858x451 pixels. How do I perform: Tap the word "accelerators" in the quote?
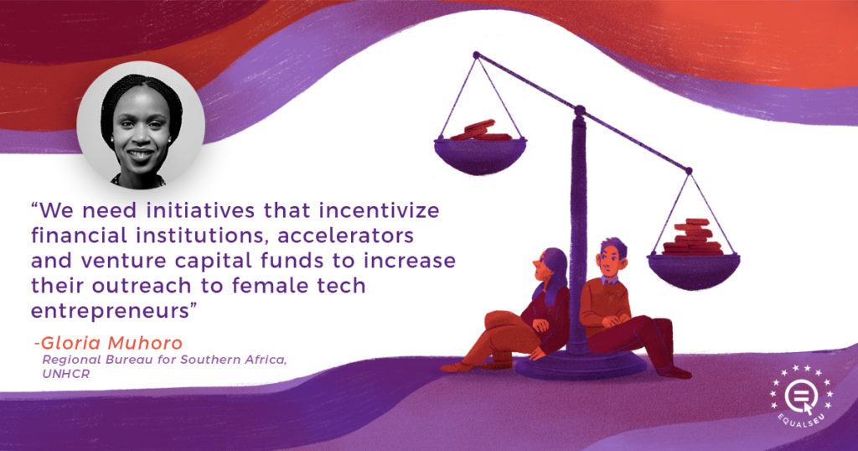click(x=345, y=236)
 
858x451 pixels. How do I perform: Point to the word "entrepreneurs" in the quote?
click(x=110, y=312)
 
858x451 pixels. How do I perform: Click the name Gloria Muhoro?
click(x=111, y=343)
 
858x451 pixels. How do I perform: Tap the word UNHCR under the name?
click(x=65, y=375)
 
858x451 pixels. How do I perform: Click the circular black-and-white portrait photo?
click(x=141, y=126)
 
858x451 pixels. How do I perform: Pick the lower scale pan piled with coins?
click(x=693, y=257)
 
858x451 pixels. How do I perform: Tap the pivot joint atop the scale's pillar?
click(x=580, y=111)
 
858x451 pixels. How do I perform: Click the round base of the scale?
click(x=581, y=364)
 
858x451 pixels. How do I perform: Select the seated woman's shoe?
click(x=457, y=366)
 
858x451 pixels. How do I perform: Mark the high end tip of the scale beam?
click(x=476, y=54)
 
